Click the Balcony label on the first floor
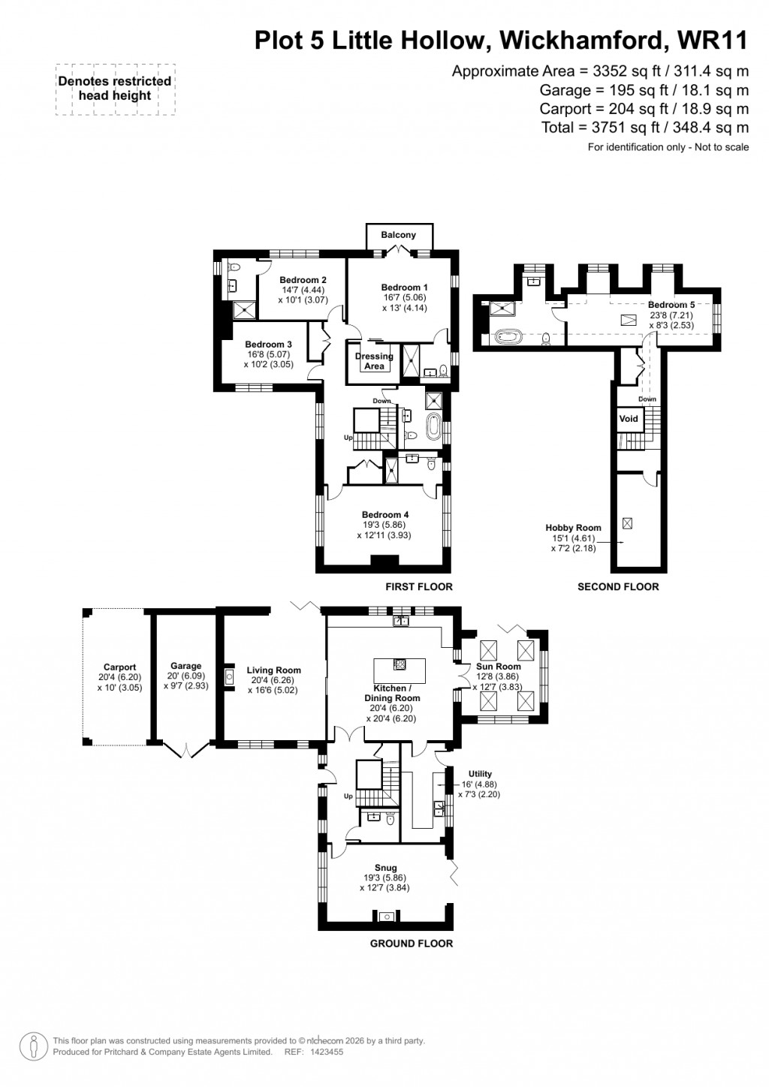[398, 235]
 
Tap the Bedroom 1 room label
[404, 288]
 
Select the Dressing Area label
[374, 361]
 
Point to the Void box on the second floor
[629, 419]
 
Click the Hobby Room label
[573, 528]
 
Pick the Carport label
[119, 667]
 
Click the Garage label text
[185, 666]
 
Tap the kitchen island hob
[400, 664]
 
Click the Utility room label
[480, 774]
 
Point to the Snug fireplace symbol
[387, 916]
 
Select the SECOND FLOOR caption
[617, 586]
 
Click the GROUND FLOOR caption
[412, 944]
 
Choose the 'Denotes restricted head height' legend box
[115, 89]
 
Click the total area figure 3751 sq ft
[646, 128]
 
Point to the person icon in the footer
[32, 1046]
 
